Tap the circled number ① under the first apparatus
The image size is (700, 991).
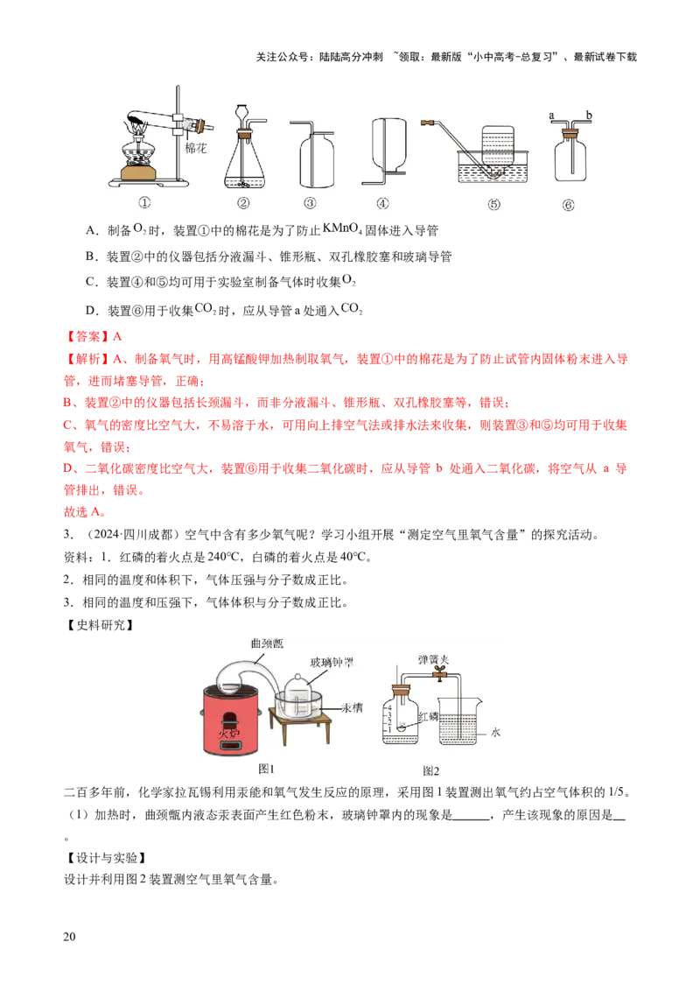point(145,204)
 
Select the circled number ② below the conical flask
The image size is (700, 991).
point(243,204)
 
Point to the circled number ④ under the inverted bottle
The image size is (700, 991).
point(382,204)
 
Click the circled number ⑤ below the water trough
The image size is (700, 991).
point(494,204)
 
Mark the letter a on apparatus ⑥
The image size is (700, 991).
point(551,115)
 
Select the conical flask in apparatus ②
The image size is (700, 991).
point(244,162)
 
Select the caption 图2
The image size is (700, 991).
point(430,770)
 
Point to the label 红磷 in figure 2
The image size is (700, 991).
point(426,716)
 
